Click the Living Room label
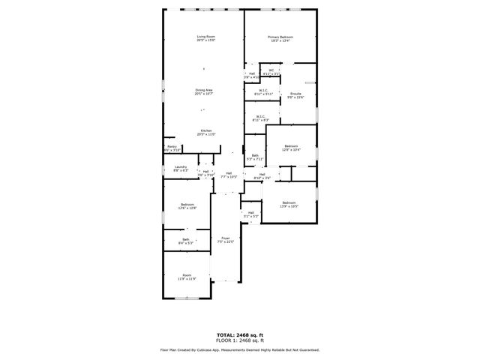coord(205,38)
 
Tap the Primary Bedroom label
coord(280,38)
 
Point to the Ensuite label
coord(296,95)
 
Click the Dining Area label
coord(204,92)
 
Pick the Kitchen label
coord(205,133)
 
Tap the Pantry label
coord(172,148)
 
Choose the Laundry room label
coord(181,169)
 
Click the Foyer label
coord(225,240)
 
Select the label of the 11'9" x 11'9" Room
coord(187,277)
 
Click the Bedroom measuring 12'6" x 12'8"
coord(187,207)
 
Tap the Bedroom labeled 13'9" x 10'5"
coord(289,205)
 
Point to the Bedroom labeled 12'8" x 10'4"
coord(291,148)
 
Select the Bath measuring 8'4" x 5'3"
coord(185,241)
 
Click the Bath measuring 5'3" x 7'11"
coord(255,157)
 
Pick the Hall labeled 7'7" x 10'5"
coord(228,175)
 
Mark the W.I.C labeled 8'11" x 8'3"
coord(260,118)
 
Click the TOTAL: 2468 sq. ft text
coord(239,334)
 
